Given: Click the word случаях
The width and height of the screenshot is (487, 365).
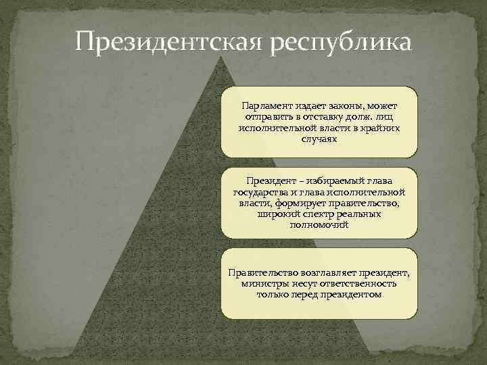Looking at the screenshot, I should pyautogui.click(x=319, y=139).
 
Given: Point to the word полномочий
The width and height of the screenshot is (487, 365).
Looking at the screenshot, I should pyautogui.click(x=319, y=224).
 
